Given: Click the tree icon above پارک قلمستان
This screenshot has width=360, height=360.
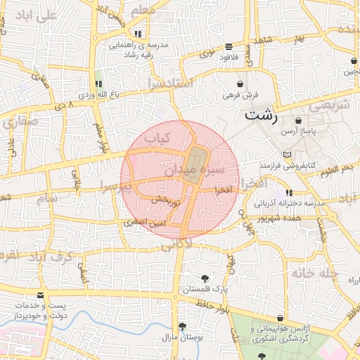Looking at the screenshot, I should pyautogui.click(x=205, y=278).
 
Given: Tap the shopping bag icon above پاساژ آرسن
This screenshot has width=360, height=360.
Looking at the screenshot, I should pyautogui.click(x=300, y=120).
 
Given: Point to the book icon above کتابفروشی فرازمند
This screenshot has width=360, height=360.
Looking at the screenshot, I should pyautogui.click(x=285, y=155).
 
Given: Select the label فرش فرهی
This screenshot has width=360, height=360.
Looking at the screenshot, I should pyautogui.click(x=242, y=94).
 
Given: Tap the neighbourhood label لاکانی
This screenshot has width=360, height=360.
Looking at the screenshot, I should pyautogui.click(x=175, y=246).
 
